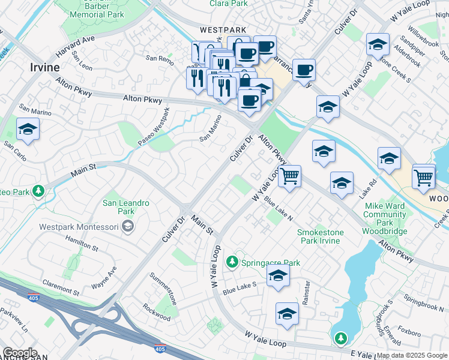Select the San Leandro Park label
(126, 208)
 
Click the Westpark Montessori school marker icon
(127, 226)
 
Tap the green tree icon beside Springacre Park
(232, 262)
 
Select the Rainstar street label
(306, 292)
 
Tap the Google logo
(20, 353)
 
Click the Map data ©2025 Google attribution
(412, 355)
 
